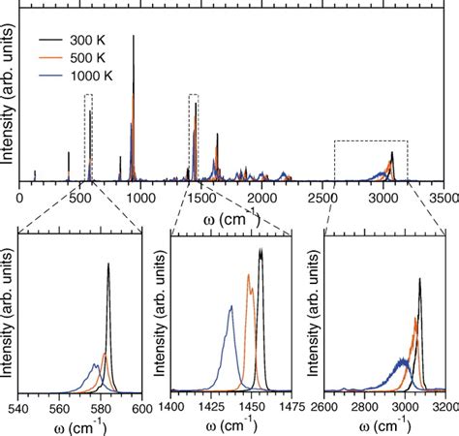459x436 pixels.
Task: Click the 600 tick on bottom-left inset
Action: click(x=142, y=407)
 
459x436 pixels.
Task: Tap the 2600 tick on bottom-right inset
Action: click(x=325, y=407)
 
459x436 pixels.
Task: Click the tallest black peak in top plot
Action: click(x=133, y=37)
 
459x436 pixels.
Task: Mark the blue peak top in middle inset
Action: click(x=230, y=306)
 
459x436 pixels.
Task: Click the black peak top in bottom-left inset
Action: click(x=108, y=264)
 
